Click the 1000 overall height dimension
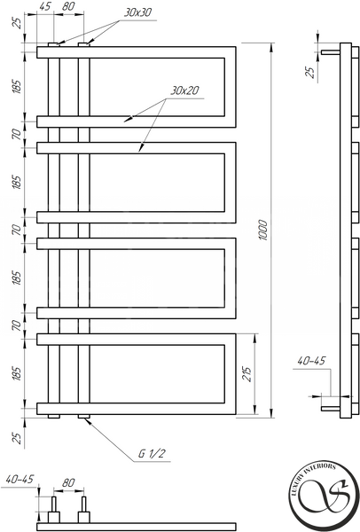tap(263, 230)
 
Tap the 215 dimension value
tap(248, 374)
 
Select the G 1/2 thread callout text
tap(152, 454)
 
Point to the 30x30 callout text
tap(137, 13)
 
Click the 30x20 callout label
tap(184, 90)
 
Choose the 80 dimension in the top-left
tap(68, 6)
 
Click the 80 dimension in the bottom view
tap(68, 482)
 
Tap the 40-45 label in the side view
tap(311, 361)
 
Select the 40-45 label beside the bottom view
tap(20, 479)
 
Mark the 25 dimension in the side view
tap(310, 73)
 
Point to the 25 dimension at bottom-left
tap(18, 438)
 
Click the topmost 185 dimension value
tap(18, 87)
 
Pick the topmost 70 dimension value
tap(18, 135)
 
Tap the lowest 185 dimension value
tap(18, 373)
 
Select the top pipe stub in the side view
tap(331, 52)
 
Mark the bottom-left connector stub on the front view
tap(53, 416)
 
